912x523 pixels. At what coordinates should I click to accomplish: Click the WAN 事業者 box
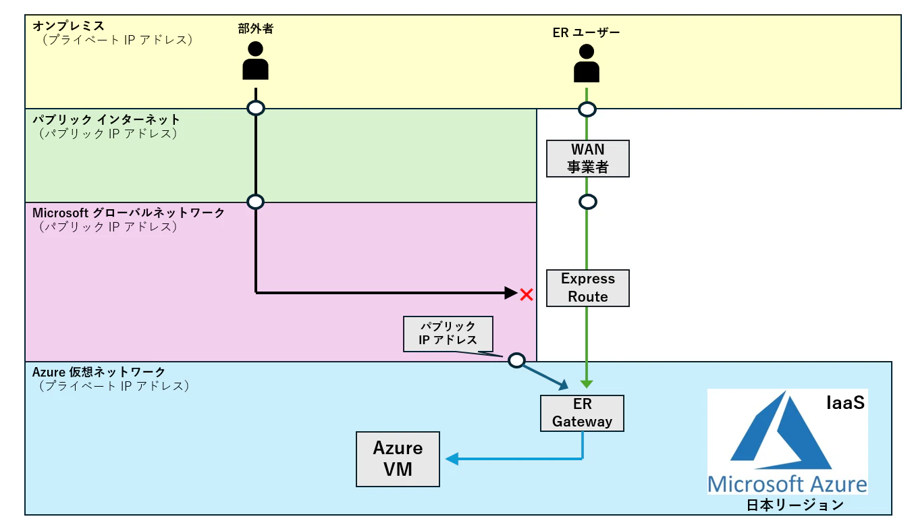587,159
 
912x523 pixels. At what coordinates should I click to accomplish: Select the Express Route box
587,287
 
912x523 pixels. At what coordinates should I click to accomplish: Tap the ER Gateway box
582,413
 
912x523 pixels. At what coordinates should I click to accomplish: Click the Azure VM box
398,459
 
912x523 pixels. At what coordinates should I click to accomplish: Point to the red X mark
527,295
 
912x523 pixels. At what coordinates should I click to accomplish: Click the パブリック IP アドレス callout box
448,334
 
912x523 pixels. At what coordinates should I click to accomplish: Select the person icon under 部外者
255,61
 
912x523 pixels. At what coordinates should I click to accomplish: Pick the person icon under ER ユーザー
586,63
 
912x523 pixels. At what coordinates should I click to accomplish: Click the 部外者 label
256,28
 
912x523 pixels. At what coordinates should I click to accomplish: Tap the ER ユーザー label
586,32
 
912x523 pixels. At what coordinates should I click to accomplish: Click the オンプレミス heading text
68,26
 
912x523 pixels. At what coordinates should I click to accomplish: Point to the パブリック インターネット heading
106,119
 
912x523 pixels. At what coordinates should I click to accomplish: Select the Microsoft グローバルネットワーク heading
128,213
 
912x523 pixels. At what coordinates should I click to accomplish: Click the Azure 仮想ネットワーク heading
99,372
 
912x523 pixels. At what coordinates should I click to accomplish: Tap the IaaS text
845,403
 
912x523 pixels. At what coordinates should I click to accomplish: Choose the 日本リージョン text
795,505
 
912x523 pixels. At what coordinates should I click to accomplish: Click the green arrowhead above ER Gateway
586,384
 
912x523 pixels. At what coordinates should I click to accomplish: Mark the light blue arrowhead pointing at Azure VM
452,459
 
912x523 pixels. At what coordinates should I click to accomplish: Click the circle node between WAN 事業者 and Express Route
587,202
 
